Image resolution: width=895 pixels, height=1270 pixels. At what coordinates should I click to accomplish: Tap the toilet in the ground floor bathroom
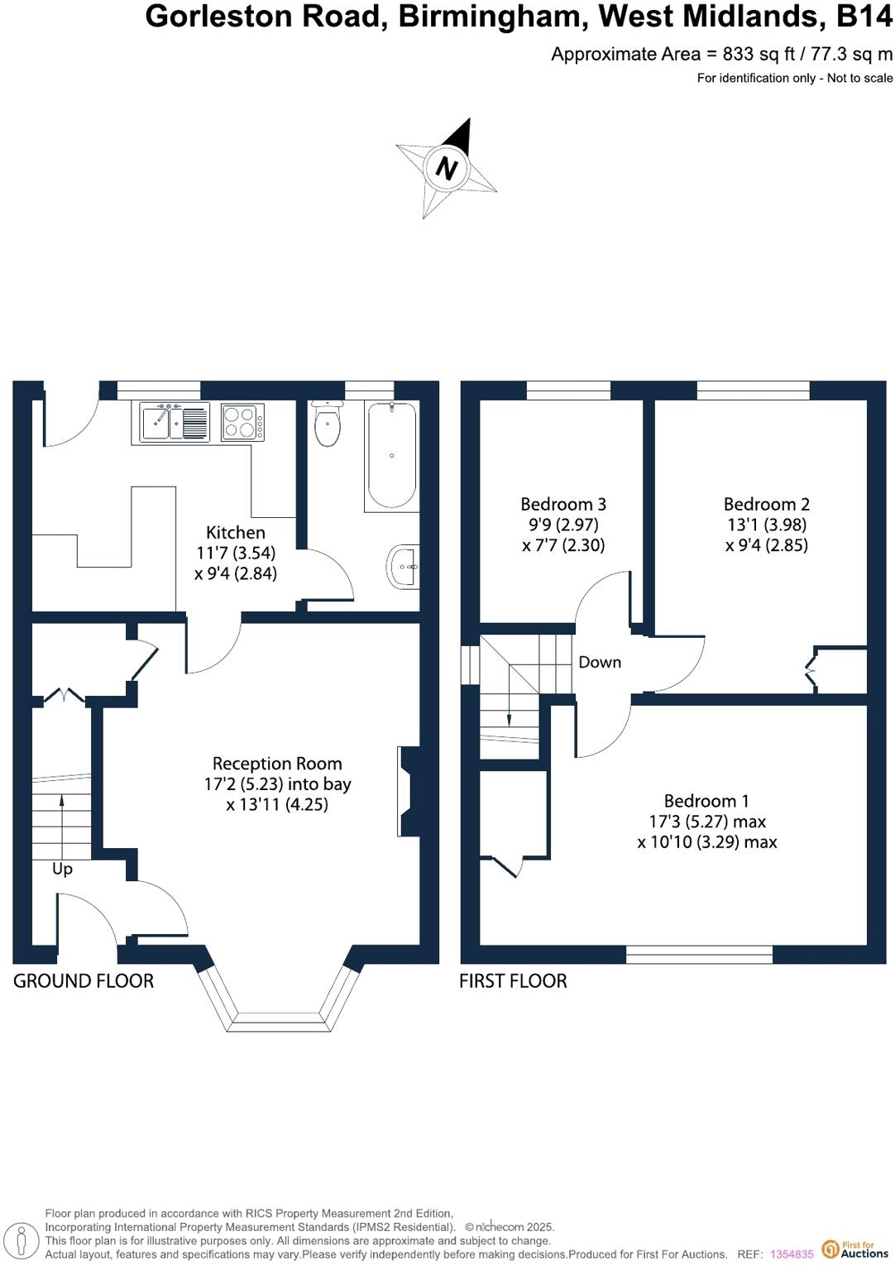[328, 425]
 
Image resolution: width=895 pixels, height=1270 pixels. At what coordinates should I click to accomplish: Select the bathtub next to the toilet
[391, 456]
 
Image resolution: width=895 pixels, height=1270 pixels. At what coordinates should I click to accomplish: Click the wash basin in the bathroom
[404, 567]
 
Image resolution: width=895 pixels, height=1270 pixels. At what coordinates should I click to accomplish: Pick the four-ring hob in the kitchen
[242, 422]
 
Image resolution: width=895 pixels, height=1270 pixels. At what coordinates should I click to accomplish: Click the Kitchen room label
[236, 532]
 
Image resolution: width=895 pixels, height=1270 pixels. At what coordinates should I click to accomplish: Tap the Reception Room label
[277, 763]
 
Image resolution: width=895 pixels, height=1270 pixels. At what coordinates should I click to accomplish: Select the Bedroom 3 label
[562, 504]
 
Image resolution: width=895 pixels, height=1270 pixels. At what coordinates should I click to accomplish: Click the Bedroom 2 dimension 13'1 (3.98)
[766, 525]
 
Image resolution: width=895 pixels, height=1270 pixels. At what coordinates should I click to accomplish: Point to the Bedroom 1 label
[706, 801]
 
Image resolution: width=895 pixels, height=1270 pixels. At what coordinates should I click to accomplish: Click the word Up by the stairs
[62, 869]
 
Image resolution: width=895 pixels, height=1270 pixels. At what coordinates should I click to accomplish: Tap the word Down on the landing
[600, 662]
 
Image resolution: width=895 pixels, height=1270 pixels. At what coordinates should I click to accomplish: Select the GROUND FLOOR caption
[84, 981]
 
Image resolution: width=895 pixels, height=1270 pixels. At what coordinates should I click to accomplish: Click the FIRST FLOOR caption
[513, 981]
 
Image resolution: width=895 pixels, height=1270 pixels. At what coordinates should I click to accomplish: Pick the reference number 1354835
[792, 1254]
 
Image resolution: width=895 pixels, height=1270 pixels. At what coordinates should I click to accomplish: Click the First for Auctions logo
[855, 1248]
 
